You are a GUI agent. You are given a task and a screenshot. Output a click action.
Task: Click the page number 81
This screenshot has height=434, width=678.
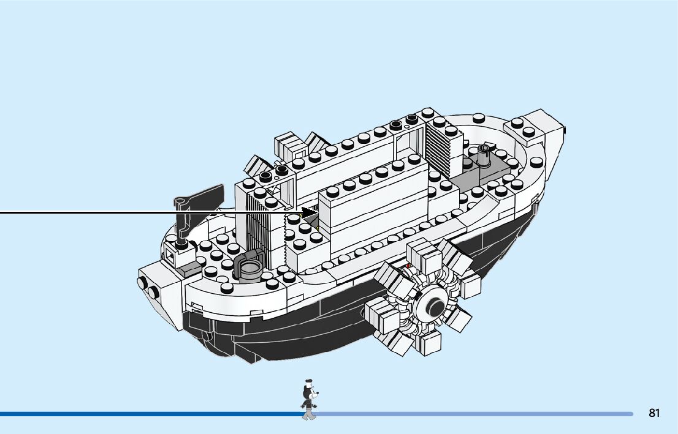coord(654,413)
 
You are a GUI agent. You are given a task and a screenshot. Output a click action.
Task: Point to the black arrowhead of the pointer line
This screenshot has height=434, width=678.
coord(310,212)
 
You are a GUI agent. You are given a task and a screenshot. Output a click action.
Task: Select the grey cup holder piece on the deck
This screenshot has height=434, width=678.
coord(249,267)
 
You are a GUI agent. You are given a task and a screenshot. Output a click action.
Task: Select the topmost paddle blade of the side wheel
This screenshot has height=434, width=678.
coord(421,252)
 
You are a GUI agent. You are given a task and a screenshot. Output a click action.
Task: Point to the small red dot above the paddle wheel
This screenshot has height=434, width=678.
coord(408,265)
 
